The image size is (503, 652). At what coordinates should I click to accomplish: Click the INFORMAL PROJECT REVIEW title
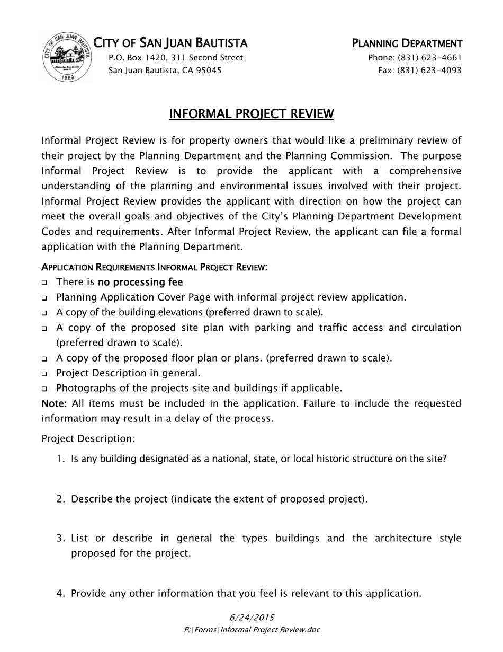click(251, 113)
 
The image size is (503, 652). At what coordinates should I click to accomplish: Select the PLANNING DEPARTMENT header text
click(407, 43)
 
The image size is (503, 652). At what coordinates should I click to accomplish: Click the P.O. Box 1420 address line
click(176, 57)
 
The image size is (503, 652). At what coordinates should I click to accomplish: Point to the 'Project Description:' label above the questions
click(88, 438)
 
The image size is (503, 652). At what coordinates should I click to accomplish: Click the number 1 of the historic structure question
click(60, 459)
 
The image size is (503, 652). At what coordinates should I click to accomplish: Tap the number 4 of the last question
click(60, 593)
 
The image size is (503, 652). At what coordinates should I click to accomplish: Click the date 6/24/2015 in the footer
click(251, 617)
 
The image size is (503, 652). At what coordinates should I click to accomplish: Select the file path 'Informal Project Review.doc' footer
click(270, 630)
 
